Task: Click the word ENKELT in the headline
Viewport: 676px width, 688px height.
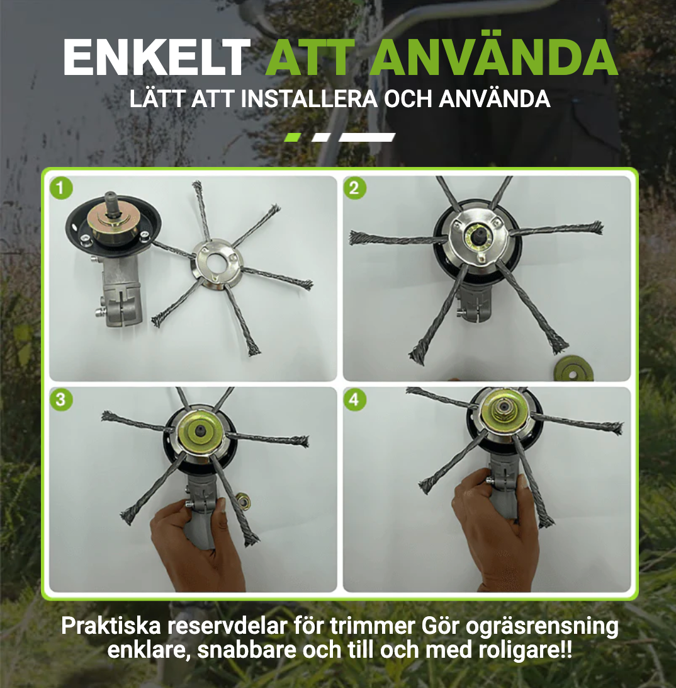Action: [x=157, y=58]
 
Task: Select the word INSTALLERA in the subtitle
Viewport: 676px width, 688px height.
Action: [x=309, y=99]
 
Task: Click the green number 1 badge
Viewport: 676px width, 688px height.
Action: [x=61, y=188]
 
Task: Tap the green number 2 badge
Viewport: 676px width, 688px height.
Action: [x=354, y=188]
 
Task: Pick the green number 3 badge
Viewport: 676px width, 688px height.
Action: [x=61, y=399]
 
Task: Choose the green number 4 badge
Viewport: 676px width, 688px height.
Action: [x=354, y=399]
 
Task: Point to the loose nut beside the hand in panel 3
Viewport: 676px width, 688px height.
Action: [x=242, y=500]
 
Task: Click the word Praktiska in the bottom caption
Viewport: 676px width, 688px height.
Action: [x=111, y=626]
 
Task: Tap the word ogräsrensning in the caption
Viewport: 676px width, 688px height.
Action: [x=542, y=627]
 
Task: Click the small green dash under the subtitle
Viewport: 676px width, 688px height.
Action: [x=293, y=137]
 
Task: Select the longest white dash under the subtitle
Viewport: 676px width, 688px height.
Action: [x=367, y=137]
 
